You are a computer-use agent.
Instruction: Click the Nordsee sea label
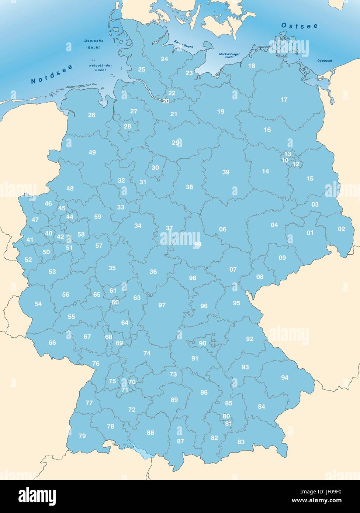click(x=52, y=73)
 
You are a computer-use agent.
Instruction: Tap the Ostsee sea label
click(x=299, y=25)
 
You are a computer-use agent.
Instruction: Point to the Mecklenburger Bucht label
click(x=229, y=55)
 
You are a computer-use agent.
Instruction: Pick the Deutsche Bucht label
click(x=94, y=44)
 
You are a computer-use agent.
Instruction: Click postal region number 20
click(x=166, y=101)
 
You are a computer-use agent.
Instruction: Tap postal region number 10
click(x=285, y=160)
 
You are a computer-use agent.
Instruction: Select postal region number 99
click(x=198, y=244)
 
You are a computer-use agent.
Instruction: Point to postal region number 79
click(x=82, y=436)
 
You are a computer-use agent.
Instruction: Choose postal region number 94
click(x=285, y=378)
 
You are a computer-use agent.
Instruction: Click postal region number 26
click(x=91, y=115)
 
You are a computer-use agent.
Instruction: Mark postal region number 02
click(x=342, y=229)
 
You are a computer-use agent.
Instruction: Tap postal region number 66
click(x=52, y=342)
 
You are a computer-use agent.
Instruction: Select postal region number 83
click(x=241, y=442)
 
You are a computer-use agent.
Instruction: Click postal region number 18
click(x=252, y=66)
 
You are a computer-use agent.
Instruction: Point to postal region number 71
click(x=125, y=390)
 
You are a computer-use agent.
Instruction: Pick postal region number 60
click(x=115, y=302)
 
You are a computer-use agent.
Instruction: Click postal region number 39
click(x=226, y=172)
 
